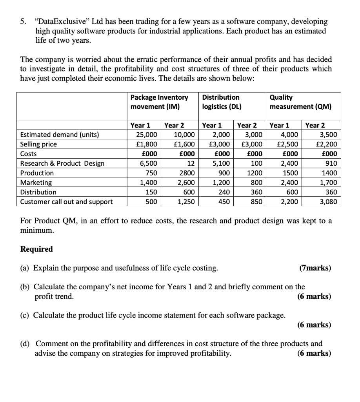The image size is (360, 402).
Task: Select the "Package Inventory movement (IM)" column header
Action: point(159,102)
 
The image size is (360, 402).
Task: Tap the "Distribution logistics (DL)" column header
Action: point(222,102)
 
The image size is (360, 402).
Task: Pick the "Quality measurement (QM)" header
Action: point(300,102)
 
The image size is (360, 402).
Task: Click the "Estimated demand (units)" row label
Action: point(60,135)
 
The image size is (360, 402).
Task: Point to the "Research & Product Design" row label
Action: point(62,163)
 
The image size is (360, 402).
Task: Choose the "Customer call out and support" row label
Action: point(66,202)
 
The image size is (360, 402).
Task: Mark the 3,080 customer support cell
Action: point(329,202)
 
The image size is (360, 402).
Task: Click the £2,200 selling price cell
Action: point(327,144)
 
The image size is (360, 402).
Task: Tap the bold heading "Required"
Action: point(36,249)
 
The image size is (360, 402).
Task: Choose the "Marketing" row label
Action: point(36,183)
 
